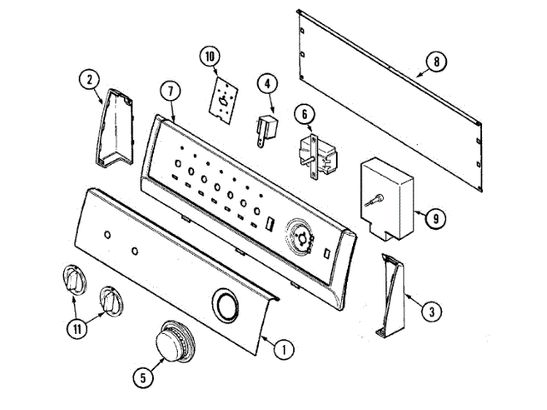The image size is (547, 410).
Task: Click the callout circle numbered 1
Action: click(284, 348)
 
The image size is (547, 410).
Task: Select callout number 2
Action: click(88, 80)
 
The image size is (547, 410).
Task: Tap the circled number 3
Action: click(433, 312)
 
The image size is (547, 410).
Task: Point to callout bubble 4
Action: click(268, 84)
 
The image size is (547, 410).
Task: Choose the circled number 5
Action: click(140, 372)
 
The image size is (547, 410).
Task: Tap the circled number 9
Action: click(435, 219)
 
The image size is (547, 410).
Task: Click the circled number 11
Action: click(78, 327)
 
